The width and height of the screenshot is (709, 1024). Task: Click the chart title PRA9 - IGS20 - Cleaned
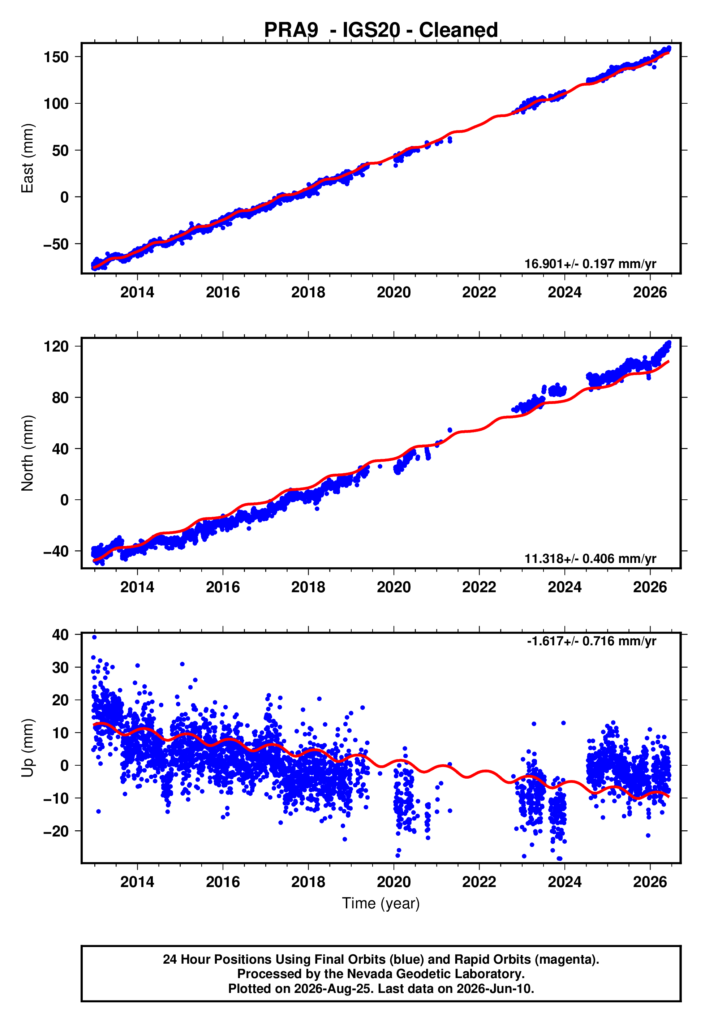point(381,30)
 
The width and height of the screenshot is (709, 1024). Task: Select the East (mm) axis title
point(27,158)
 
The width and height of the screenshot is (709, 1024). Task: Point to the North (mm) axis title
point(27,453)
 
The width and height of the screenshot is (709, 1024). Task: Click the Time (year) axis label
point(381,903)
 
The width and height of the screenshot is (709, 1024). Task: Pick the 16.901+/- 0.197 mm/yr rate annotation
point(590,264)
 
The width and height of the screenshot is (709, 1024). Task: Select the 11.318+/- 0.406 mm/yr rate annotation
point(590,559)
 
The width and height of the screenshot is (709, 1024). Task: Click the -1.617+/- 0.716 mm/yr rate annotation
point(592,641)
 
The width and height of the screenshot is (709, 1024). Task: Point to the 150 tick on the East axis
point(56,57)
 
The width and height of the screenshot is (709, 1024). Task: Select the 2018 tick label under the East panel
point(308,292)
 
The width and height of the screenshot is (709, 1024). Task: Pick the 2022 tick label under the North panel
point(479,587)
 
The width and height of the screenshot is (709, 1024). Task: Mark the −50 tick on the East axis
point(56,244)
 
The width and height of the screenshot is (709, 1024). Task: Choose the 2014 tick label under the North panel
point(137,587)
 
